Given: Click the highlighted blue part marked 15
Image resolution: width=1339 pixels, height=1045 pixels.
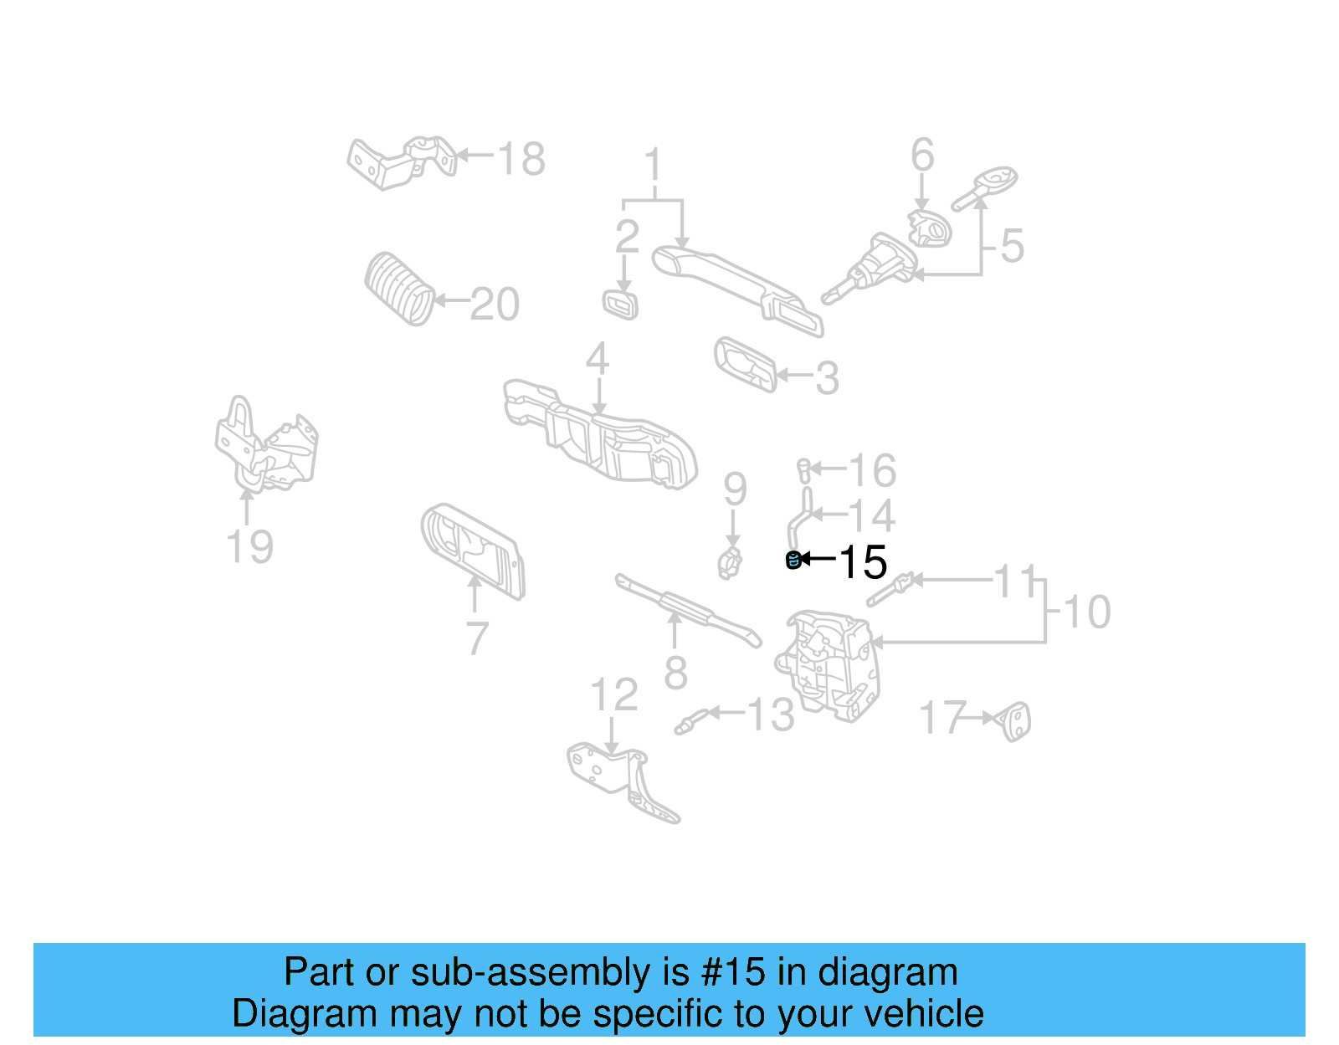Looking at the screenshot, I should tap(793, 560).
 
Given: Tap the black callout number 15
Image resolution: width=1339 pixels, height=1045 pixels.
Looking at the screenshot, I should tap(862, 562).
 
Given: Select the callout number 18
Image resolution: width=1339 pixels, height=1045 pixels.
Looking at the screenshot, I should tap(521, 158).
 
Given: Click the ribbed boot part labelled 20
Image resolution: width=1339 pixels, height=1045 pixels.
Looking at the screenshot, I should tap(400, 288).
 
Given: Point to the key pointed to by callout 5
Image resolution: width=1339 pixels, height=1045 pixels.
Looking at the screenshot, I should tap(986, 188).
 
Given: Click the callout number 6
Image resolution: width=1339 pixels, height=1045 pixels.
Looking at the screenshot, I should tap(921, 156).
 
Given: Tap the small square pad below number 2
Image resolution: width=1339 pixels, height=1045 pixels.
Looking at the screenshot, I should tap(620, 305).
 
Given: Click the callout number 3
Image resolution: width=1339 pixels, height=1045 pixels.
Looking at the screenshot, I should tap(826, 378).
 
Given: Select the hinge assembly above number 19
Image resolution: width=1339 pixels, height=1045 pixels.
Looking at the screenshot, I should tap(266, 448).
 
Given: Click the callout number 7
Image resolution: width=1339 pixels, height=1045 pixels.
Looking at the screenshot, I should tap(476, 638).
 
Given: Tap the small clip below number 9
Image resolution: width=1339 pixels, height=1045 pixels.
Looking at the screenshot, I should tap(730, 562).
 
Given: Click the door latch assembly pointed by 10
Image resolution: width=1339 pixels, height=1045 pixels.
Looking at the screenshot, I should tap(829, 665).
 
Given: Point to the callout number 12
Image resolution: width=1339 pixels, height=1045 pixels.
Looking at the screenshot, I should tap(613, 694).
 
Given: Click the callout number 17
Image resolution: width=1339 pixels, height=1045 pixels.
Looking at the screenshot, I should tap(942, 718).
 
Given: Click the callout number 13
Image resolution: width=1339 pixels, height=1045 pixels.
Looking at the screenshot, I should tap(770, 715).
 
